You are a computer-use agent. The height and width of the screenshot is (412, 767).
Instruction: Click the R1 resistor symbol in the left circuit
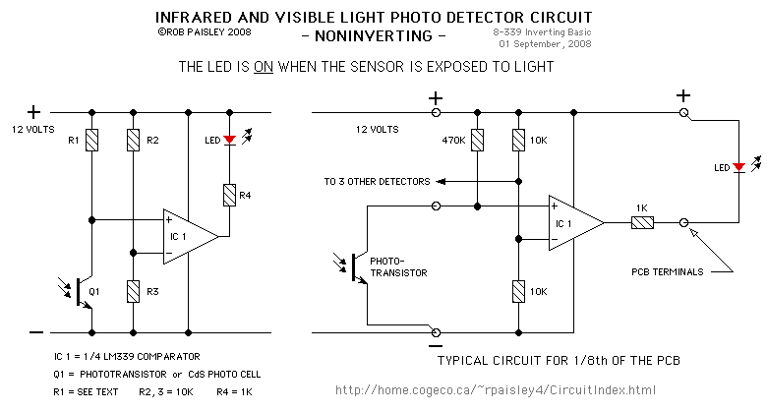(x=92, y=140)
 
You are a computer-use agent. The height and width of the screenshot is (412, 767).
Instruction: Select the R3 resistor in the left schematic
(x=133, y=292)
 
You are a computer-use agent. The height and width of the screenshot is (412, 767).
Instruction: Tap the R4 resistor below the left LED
(x=229, y=195)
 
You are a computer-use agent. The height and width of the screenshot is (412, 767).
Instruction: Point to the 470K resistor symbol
(x=478, y=140)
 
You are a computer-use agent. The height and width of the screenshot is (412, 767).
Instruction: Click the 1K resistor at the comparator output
(x=642, y=223)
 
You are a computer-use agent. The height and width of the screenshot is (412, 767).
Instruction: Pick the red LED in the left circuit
(x=229, y=140)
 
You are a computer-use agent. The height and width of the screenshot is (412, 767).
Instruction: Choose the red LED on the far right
(x=739, y=167)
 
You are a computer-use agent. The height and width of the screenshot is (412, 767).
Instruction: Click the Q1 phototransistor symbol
(x=81, y=292)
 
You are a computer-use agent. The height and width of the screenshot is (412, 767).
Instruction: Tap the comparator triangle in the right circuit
(x=576, y=223)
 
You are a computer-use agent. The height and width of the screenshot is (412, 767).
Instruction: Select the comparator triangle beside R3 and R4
(x=191, y=237)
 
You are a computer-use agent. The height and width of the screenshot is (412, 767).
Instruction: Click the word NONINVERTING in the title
(x=374, y=36)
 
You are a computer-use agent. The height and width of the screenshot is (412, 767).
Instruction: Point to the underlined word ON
(x=264, y=67)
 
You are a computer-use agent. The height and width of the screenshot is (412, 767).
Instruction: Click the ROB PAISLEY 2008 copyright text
(x=205, y=32)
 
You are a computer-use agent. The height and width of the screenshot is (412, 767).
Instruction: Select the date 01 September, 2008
(x=545, y=44)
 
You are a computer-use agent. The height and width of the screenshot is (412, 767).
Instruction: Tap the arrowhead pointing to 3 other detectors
(x=441, y=182)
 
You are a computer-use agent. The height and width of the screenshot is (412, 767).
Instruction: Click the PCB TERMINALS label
(x=668, y=272)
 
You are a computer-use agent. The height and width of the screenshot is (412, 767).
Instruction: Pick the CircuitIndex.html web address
(x=496, y=390)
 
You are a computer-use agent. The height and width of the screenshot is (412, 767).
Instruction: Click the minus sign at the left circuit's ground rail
(x=36, y=332)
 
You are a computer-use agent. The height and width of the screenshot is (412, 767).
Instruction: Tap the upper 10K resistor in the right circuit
(x=518, y=140)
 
